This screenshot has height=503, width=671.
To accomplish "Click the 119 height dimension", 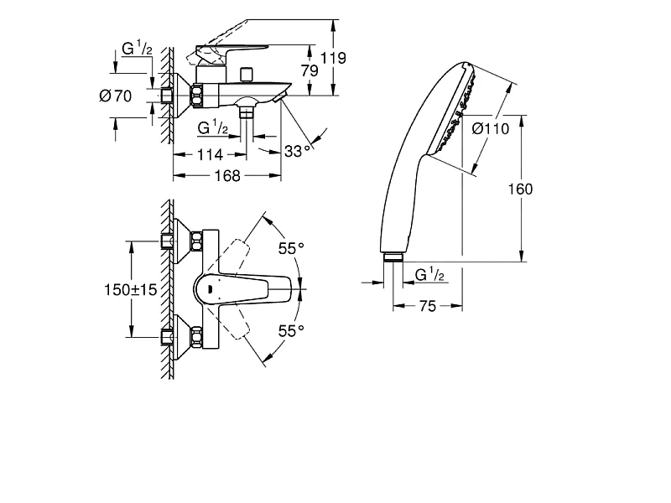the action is [x=333, y=58].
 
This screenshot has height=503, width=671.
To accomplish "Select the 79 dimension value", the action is [x=309, y=70].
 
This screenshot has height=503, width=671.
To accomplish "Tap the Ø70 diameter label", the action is [x=116, y=96].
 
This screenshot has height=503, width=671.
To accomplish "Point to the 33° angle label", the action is [x=298, y=151].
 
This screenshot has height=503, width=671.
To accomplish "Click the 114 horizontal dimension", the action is [x=210, y=154].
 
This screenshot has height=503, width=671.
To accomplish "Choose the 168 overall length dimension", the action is [x=227, y=175].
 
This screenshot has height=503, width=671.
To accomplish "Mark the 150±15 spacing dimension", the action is [x=131, y=289].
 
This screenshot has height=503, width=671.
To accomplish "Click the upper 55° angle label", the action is [x=291, y=248].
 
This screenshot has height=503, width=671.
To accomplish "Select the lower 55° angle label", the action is [x=291, y=330].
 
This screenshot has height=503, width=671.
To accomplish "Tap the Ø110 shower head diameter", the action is [x=491, y=129].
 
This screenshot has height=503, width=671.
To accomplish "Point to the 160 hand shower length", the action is [x=520, y=189].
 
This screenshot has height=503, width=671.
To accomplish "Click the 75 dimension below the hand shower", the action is [x=428, y=306].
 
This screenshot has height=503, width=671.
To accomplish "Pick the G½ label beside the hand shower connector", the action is [x=429, y=274].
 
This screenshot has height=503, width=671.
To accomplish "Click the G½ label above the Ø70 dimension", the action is [x=137, y=48].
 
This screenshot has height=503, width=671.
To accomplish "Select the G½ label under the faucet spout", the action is [x=213, y=127].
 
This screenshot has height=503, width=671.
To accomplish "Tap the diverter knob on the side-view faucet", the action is [x=246, y=75].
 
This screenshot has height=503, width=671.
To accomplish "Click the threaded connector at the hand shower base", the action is [x=393, y=257].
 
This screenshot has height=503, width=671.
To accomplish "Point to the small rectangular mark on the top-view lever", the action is [x=210, y=289].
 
